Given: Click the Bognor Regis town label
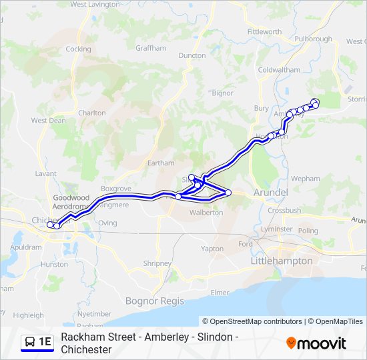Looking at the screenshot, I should [154, 301].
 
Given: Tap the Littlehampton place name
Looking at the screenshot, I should [281, 261].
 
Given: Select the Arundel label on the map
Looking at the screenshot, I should [270, 193].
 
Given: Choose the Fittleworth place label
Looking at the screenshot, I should [264, 32].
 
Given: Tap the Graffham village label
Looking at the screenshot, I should [151, 49].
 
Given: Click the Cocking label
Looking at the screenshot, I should [79, 49].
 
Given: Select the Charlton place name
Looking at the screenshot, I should [91, 113].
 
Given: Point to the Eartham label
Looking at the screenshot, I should [161, 163].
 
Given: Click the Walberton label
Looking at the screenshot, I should [206, 213].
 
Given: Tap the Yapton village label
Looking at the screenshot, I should [212, 249].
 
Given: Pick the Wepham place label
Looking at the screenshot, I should [306, 179].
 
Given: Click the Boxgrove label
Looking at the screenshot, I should [113, 189].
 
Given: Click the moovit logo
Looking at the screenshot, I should [316, 343].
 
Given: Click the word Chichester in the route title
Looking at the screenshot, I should [86, 349].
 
